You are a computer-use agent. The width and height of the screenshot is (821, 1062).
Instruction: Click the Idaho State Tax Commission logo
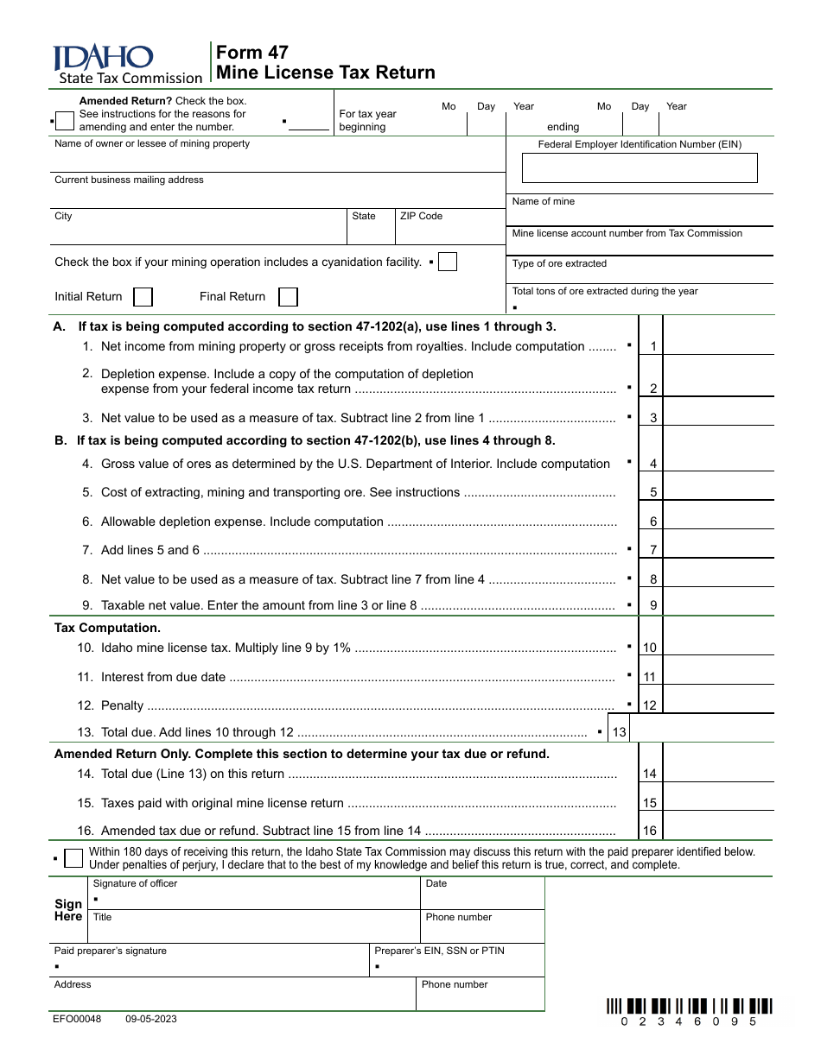pos(127,65)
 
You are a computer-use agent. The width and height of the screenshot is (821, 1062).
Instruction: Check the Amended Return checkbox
pos(64,122)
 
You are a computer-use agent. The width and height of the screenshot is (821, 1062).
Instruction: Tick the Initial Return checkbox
pos(143,297)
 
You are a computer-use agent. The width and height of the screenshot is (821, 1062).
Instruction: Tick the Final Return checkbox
pos(289,297)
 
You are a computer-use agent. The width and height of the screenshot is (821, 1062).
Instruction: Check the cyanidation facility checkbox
pos(448,262)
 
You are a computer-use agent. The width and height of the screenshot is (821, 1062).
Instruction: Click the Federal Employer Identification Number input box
pos(640,168)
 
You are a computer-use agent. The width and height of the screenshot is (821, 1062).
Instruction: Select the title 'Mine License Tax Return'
pos(326,73)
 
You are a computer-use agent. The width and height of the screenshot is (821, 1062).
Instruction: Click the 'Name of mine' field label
pos(543,201)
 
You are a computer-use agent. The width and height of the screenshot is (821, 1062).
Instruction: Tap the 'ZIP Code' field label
pos(421,216)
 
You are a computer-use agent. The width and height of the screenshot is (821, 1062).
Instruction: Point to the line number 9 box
pos(652,605)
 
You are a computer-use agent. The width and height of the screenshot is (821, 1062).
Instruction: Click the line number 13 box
pos(620,732)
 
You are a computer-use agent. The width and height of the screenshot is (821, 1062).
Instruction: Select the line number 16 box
pos(650,831)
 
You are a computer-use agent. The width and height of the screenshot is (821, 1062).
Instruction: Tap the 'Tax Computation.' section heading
pos(107,628)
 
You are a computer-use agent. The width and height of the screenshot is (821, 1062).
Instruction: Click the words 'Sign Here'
pos(68,910)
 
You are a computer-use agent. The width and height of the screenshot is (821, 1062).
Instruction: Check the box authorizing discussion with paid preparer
pos(74,857)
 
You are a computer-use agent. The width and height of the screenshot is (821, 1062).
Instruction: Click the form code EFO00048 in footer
pos(77,1019)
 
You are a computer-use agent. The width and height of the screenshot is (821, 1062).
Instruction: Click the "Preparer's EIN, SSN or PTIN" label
pos(439,951)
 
